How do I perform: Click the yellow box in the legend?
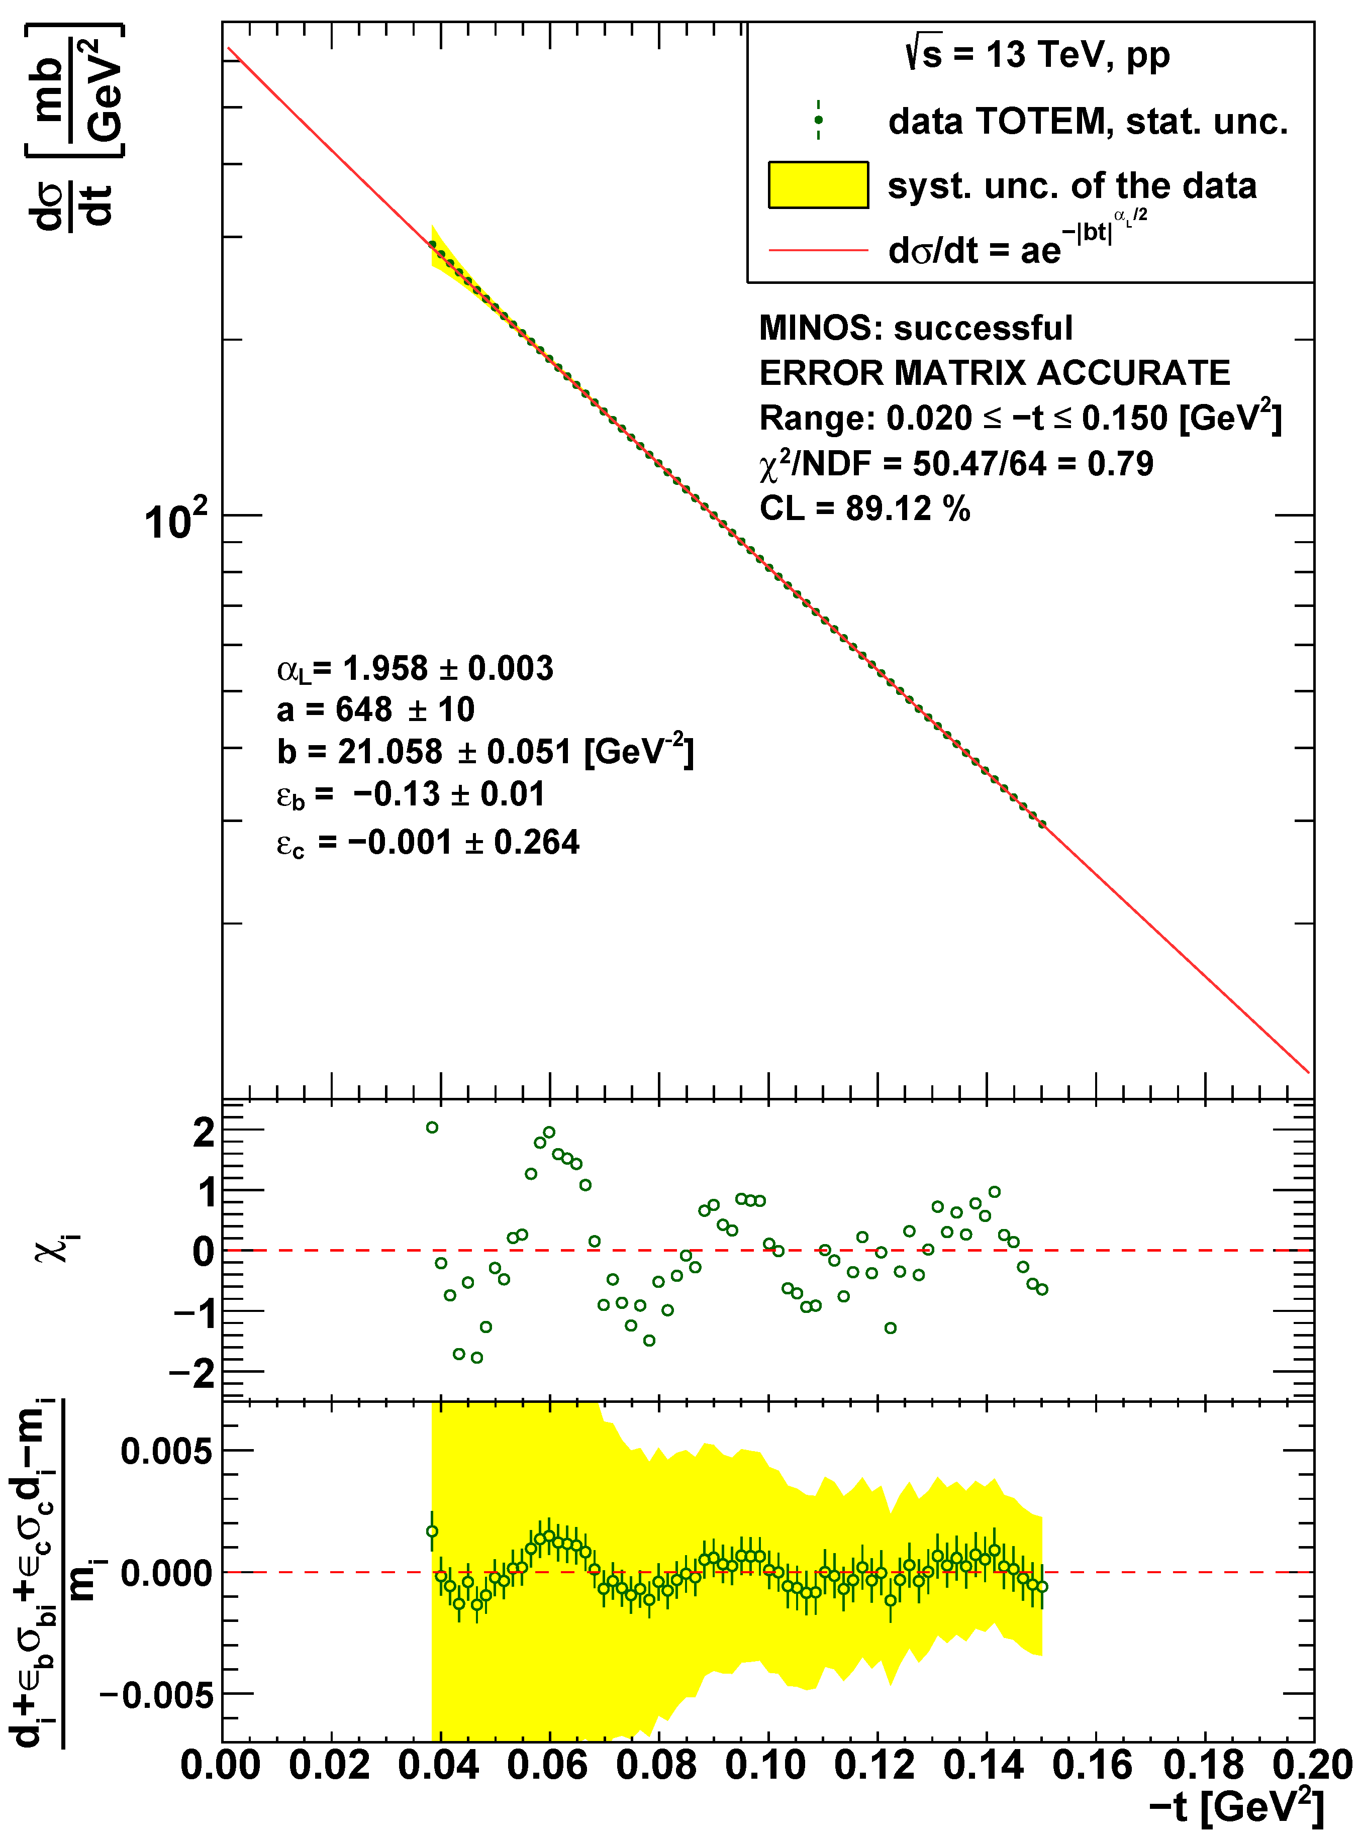point(818,185)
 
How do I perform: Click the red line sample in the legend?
point(818,250)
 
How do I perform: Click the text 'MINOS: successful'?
point(916,328)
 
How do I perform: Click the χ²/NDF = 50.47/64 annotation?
point(955,463)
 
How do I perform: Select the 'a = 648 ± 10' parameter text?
point(375,709)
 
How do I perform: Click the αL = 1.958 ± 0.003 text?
point(415,668)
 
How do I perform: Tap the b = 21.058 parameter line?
point(485,751)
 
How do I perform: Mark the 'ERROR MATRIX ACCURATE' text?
point(994,373)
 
